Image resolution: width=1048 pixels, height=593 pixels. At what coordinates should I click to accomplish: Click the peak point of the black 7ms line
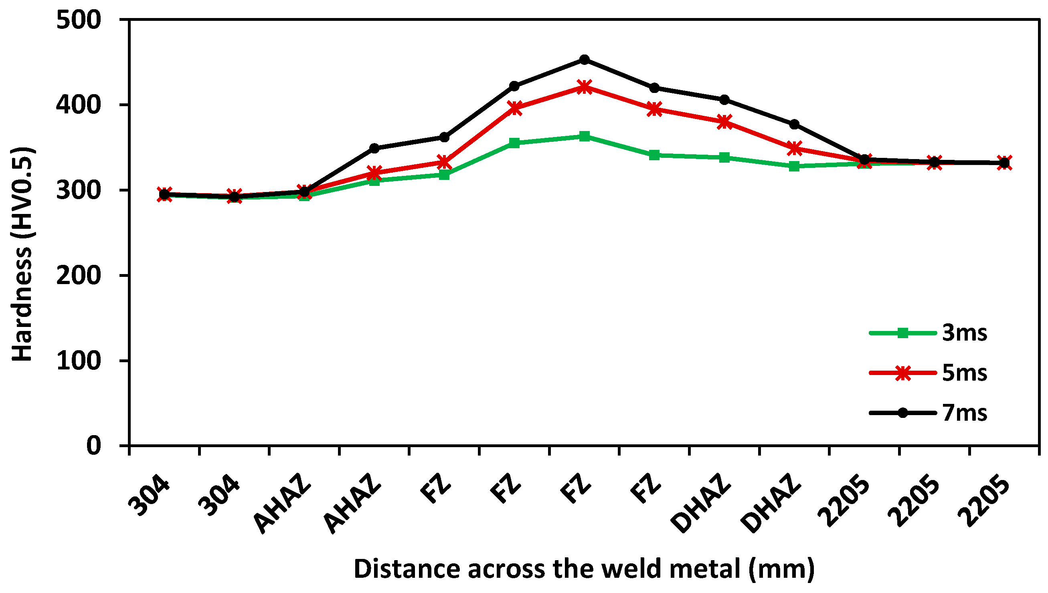[584, 59]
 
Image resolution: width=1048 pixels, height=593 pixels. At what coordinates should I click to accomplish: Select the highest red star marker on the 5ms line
[584, 87]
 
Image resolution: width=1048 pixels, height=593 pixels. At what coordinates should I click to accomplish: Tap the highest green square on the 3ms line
[584, 136]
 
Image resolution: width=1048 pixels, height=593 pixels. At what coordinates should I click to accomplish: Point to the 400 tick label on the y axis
[78, 105]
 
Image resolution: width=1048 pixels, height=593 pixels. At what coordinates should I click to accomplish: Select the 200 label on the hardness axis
[78, 275]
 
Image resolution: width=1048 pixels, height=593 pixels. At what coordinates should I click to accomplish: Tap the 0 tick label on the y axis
[94, 446]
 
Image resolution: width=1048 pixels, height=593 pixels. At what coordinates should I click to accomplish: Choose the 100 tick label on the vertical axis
[78, 361]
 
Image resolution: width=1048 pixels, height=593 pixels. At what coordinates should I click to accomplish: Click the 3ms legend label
[965, 333]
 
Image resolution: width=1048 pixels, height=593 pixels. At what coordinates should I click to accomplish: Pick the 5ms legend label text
[965, 373]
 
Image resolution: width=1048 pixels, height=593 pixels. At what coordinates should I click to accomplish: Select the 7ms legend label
[965, 413]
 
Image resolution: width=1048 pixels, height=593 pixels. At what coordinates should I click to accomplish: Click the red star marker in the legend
[903, 373]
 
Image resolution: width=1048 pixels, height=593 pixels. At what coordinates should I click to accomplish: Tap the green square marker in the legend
[903, 333]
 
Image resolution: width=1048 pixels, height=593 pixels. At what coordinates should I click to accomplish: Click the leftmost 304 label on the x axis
[149, 495]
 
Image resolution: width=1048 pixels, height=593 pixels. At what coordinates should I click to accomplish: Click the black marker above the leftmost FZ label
[444, 138]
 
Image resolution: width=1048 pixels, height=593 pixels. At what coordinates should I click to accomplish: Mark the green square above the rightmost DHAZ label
[794, 166]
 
